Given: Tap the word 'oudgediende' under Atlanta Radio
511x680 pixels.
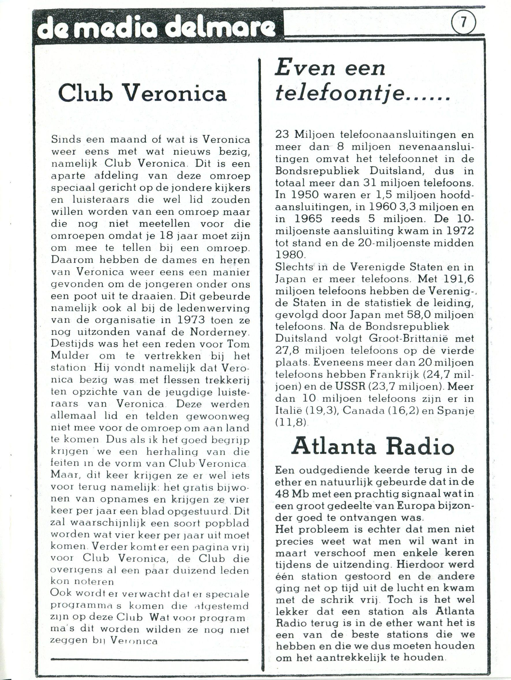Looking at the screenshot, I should (335, 470).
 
